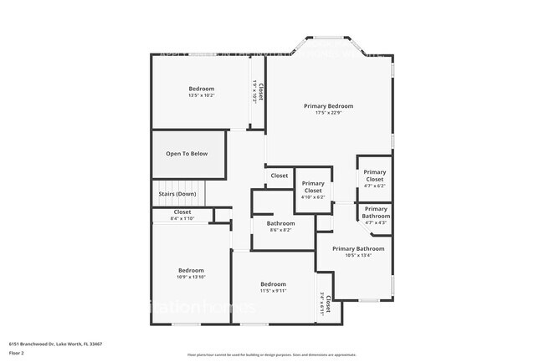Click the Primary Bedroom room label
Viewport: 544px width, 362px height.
[328, 106]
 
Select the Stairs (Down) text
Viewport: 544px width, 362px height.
[177, 194]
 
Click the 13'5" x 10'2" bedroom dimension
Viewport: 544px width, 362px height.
[201, 96]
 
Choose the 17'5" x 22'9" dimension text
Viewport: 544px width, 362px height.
[328, 114]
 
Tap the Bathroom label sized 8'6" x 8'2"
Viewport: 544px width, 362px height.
[280, 223]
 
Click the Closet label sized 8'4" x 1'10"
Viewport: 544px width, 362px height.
[182, 212]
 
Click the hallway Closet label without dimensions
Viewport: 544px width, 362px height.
[279, 176]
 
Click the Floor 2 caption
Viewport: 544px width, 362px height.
[18, 354]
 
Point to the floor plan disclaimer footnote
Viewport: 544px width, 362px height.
[271, 354]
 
